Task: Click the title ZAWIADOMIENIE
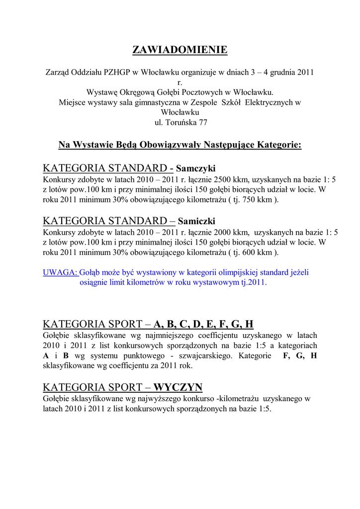click(180, 50)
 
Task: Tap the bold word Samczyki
click(196, 168)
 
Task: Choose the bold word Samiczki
click(196, 221)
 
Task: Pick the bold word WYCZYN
click(178, 387)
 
